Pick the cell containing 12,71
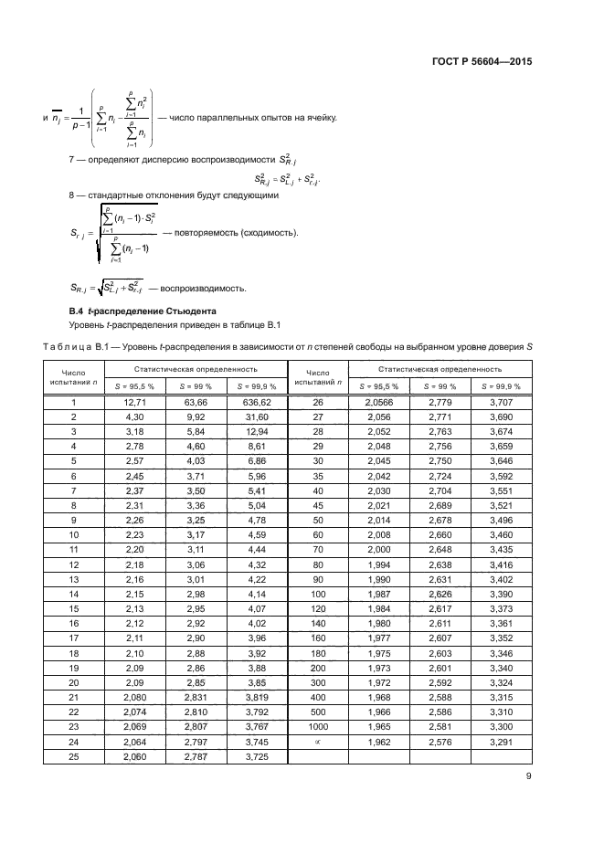pos(134,402)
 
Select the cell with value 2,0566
pos(378,402)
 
